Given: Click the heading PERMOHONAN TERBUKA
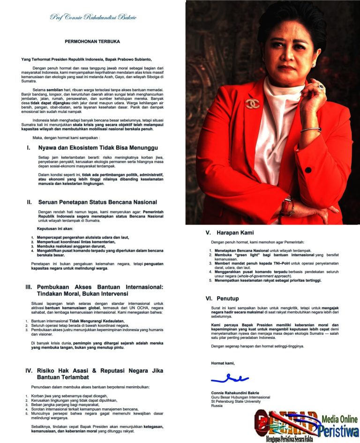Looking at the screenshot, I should pyautogui.click(x=92, y=41).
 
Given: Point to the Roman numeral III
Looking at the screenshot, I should pyautogui.click(x=29, y=286).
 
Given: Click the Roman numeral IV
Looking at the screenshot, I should pyautogui.click(x=29, y=370).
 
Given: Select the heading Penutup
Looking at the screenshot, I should pyautogui.click(x=228, y=298).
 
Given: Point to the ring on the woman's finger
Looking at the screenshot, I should pyautogui.click(x=321, y=87).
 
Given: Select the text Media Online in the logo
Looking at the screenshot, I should pyautogui.click(x=339, y=419).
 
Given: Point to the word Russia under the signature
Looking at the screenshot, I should pyautogui.click(x=217, y=405).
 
